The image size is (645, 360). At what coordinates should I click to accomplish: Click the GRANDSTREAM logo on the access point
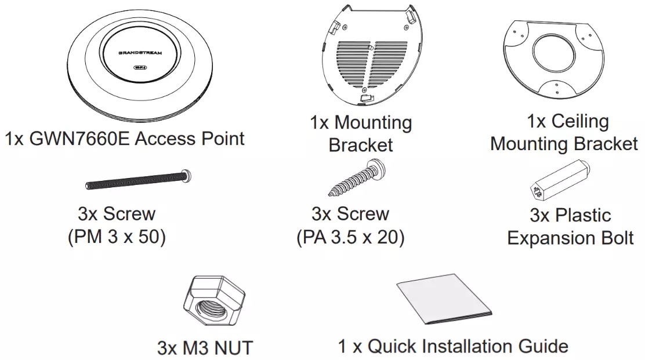pos(140,53)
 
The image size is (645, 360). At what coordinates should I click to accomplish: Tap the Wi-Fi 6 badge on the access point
pos(140,67)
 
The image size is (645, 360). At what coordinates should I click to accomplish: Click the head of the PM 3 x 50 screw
pos(187,176)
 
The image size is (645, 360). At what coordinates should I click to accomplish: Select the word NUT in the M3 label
pos(234,348)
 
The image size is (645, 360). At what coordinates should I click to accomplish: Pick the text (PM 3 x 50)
pos(117,237)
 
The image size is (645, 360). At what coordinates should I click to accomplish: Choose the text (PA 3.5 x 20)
pos(350,237)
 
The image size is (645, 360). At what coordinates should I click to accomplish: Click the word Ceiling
pos(580,122)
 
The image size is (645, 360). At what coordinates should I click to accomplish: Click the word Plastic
pos(583,215)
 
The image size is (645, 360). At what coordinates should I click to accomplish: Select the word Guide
pos(543,347)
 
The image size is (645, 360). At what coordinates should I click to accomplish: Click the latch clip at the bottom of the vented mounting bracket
pos(367,98)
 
